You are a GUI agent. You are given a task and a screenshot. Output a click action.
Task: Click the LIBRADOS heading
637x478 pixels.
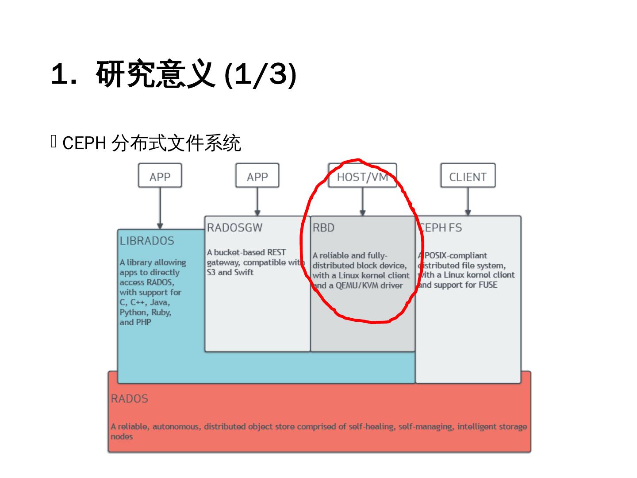[x=147, y=241]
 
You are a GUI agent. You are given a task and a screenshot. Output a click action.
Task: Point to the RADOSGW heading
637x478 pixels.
[x=234, y=227]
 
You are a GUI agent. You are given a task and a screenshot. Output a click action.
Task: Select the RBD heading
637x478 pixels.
[x=323, y=227]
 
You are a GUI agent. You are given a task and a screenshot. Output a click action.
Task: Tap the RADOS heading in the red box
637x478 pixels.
[x=129, y=398]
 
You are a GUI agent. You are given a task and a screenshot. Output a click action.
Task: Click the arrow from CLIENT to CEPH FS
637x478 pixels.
[x=468, y=201]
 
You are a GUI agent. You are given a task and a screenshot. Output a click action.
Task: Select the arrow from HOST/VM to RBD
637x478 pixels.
[x=363, y=201]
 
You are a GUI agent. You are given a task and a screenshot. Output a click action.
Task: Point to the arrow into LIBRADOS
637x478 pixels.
[x=160, y=208]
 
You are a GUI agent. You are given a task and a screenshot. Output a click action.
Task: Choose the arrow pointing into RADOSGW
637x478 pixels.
[x=257, y=201]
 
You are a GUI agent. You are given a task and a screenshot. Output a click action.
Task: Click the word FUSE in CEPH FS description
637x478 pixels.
[x=487, y=285]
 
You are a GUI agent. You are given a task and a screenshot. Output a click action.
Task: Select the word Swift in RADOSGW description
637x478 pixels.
[x=244, y=272]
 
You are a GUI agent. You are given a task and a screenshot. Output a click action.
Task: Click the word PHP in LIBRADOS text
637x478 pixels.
[x=143, y=322]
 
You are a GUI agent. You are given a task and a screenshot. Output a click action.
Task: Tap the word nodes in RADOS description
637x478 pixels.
[x=122, y=436]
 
